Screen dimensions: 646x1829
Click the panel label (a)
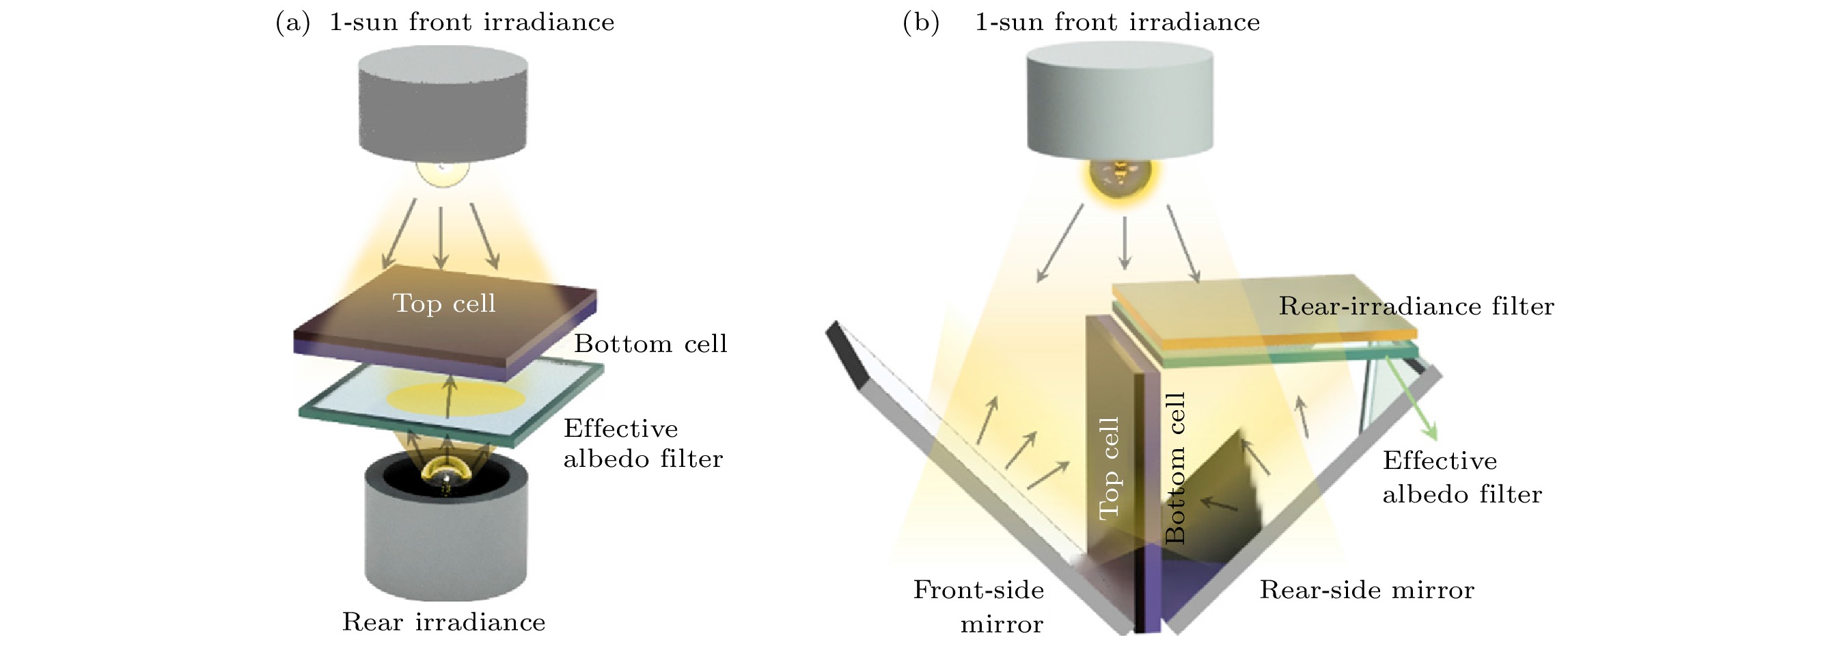point(292,23)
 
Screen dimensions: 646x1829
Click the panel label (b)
point(921,23)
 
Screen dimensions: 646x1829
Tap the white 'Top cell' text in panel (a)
point(444,304)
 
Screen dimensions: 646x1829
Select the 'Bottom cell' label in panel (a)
point(650,344)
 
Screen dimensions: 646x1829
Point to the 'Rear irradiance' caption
point(444,622)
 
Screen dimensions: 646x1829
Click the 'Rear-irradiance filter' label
point(1416,306)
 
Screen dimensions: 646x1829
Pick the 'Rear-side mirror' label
point(1366,590)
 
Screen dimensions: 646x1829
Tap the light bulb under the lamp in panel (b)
point(1120,178)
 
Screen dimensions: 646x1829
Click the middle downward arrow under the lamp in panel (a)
point(441,238)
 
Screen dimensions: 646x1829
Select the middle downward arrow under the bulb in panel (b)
point(1124,243)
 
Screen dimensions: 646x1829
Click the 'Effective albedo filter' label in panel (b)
point(1461,477)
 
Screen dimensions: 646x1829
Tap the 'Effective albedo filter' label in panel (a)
point(642,444)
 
